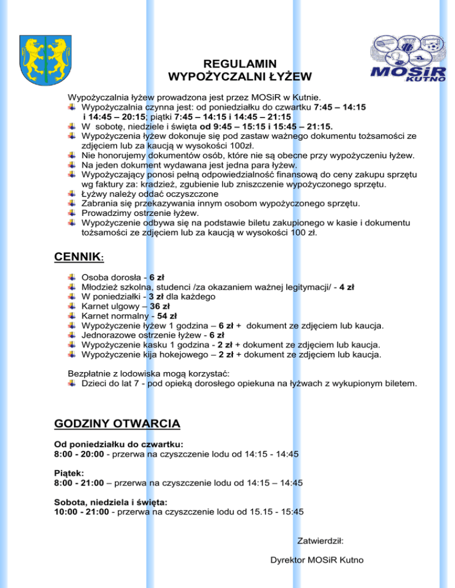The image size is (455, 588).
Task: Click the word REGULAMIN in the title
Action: (239, 64)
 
